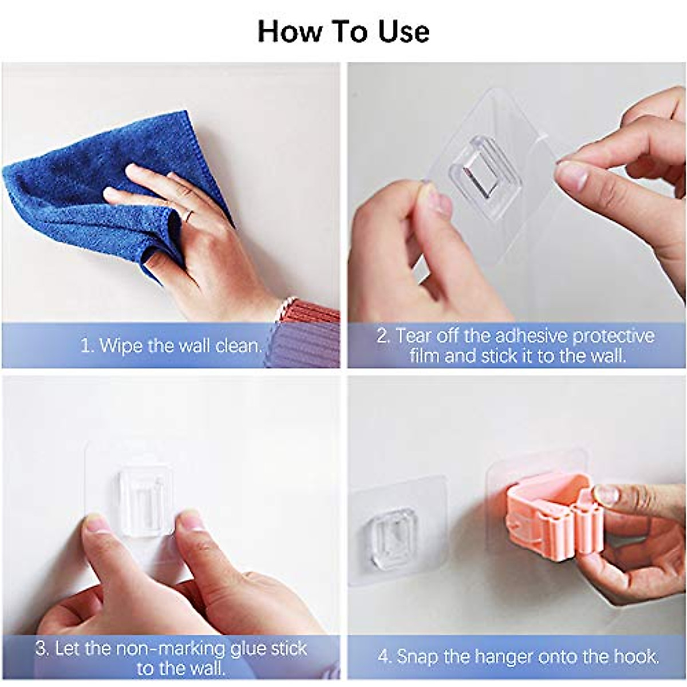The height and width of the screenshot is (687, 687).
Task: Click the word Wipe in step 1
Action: tap(120, 346)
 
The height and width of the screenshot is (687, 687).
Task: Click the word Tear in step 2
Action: tap(411, 335)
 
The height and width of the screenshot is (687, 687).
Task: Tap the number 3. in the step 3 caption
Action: tap(42, 649)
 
